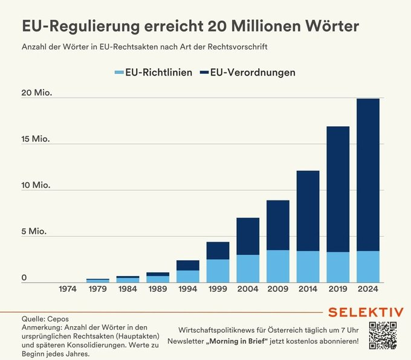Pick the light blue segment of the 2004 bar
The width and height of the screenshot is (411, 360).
pos(248,268)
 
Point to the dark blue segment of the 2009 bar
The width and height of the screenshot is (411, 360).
pos(278,225)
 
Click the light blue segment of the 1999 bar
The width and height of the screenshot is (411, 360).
pos(218,271)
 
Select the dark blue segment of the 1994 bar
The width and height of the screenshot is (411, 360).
pos(188,265)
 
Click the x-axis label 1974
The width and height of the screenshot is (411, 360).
pos(68,289)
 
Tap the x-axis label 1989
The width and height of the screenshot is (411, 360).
pos(158,289)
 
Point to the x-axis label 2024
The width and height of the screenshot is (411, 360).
pos(368,289)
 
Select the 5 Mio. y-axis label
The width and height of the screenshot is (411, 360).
pos(34,231)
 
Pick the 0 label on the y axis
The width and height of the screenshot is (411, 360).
pos(25,278)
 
